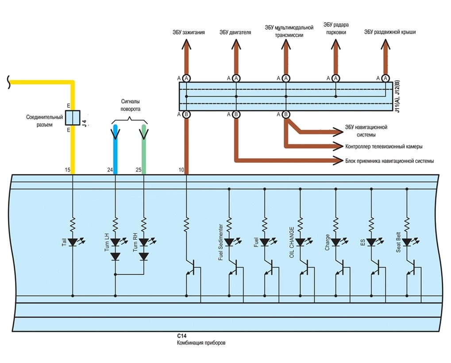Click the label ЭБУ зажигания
click(x=189, y=32)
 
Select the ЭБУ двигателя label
click(x=235, y=32)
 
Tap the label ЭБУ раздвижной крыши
click(x=390, y=32)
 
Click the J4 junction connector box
click(x=73, y=117)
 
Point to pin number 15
click(x=68, y=170)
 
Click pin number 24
click(x=110, y=170)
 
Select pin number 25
click(x=139, y=170)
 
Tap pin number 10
click(x=181, y=170)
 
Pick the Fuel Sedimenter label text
click(x=220, y=242)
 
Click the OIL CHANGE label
click(x=292, y=242)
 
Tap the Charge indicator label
click(x=328, y=242)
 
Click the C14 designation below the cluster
click(x=181, y=336)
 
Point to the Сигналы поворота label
click(x=130, y=105)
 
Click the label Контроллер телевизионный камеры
click(x=384, y=146)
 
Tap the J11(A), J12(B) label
click(x=397, y=96)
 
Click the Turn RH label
click(x=135, y=242)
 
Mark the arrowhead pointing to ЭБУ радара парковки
click(x=335, y=45)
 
